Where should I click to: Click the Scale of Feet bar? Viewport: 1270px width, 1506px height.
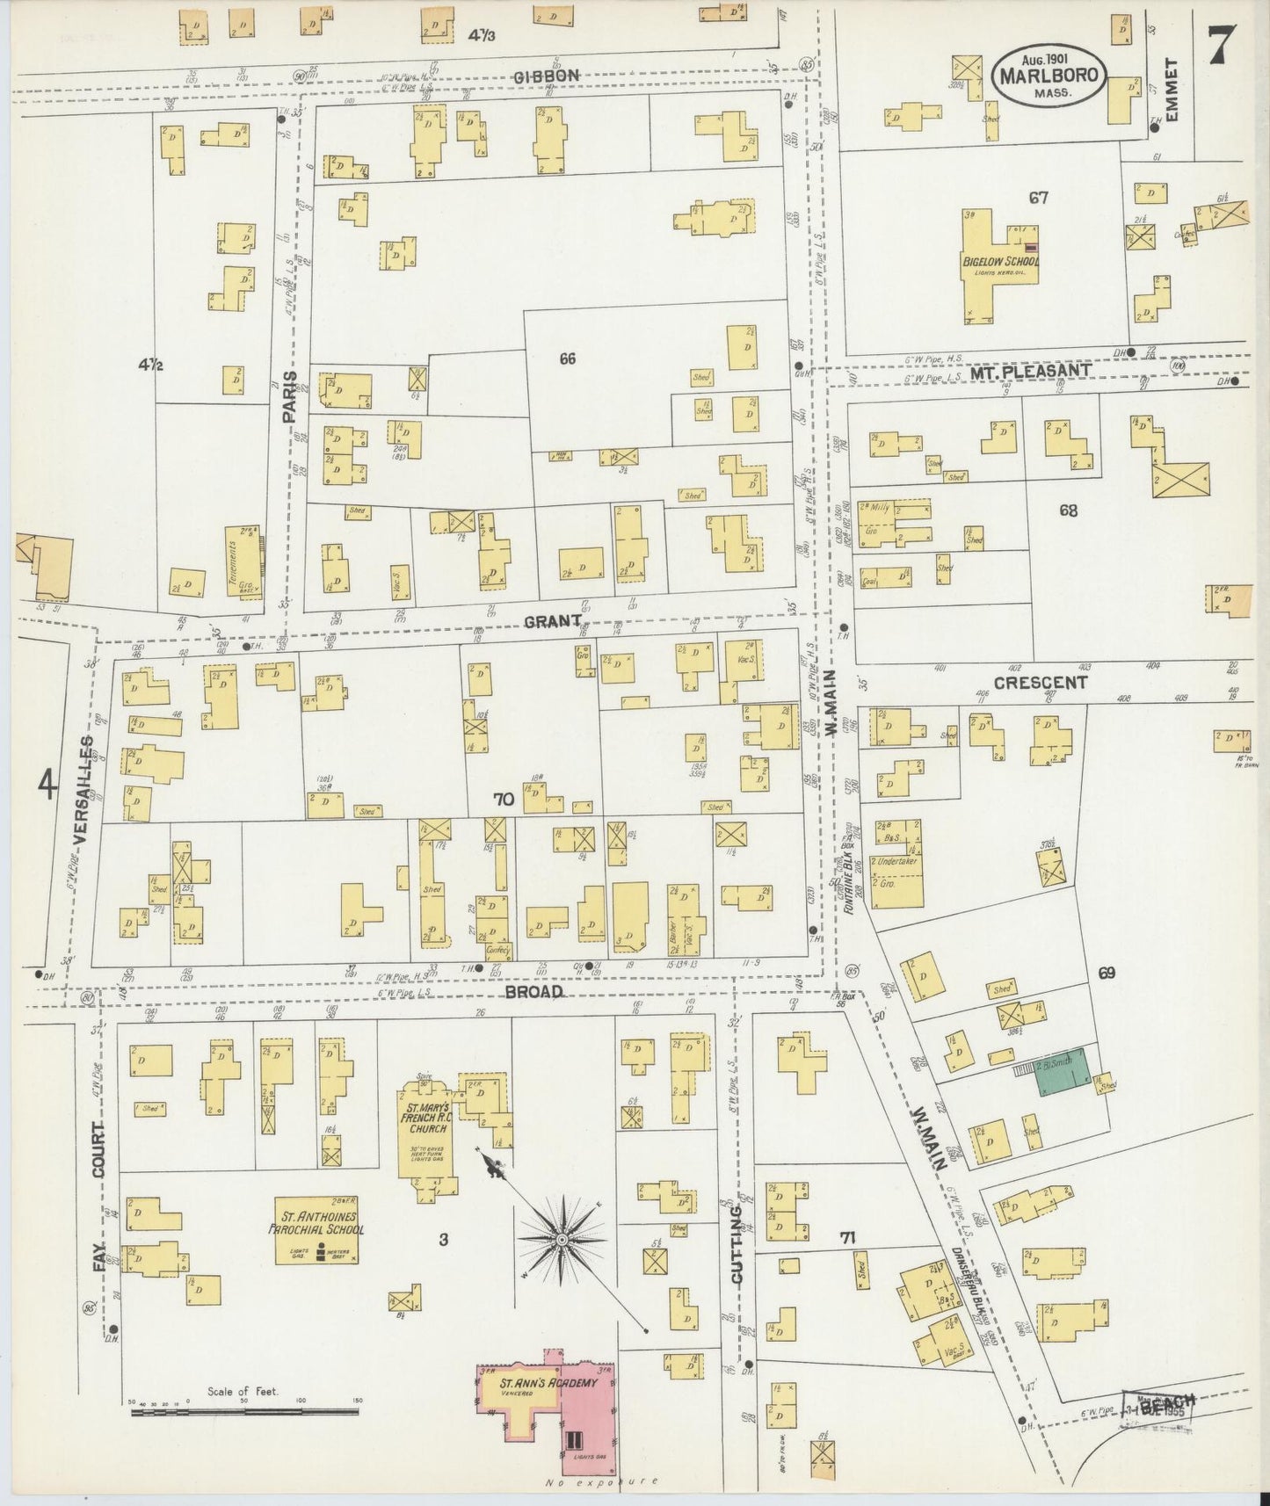coord(244,1410)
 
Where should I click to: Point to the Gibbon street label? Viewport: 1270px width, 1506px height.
coord(547,76)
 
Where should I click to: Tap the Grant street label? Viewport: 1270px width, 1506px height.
coord(553,621)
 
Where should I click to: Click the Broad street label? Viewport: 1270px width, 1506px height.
coord(533,991)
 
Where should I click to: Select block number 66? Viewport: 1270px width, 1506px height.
coord(567,358)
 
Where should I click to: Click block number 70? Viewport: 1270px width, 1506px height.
coord(503,800)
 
